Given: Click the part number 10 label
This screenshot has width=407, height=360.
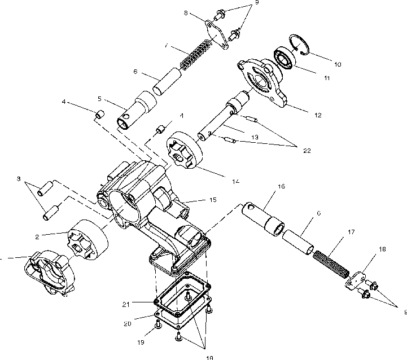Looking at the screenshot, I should [338, 64].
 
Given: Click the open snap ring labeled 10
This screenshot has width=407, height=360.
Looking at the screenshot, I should [301, 45].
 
